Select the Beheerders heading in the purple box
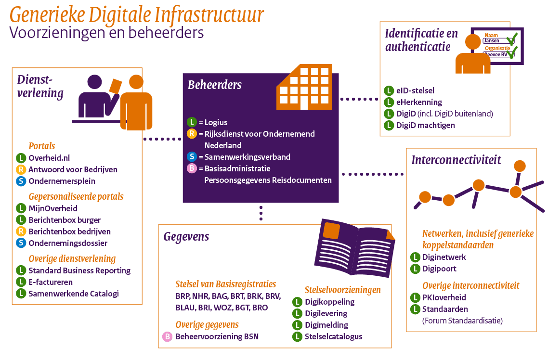(x=215, y=85)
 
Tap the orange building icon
(x=303, y=88)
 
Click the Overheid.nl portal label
(x=49, y=158)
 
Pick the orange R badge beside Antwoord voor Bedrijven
(x=21, y=169)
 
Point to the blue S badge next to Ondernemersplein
(x=21, y=181)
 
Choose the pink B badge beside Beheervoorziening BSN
(x=167, y=337)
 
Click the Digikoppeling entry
(x=329, y=302)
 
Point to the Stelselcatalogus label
(x=333, y=336)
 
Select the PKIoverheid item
(x=444, y=297)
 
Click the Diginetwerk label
(x=444, y=257)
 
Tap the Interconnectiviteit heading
(x=456, y=160)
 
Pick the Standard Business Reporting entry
(x=79, y=270)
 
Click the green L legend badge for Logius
(x=192, y=122)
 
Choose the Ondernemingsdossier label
(x=68, y=243)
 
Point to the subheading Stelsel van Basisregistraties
(x=225, y=284)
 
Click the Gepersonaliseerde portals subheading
(x=76, y=196)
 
